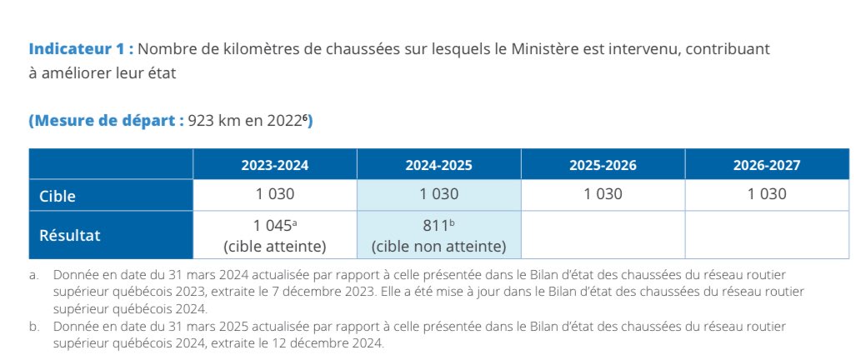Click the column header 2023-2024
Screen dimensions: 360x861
(x=274, y=165)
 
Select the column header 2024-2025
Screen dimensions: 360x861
(x=438, y=165)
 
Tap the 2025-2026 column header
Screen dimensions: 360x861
(x=603, y=165)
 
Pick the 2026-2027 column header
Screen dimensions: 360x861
(x=766, y=165)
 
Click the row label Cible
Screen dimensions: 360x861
(x=58, y=196)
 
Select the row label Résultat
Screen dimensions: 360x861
(x=69, y=235)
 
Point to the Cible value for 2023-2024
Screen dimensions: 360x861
(x=274, y=195)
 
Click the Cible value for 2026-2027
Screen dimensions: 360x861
(x=766, y=195)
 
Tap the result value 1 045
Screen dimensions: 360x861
(x=273, y=226)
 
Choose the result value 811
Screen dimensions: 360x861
(x=436, y=226)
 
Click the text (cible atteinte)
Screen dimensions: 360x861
(x=274, y=247)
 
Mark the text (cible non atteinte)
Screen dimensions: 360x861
(x=438, y=247)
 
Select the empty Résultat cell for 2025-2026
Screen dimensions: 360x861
(x=603, y=235)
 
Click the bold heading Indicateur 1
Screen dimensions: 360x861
(x=81, y=48)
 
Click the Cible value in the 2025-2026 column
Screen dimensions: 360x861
(x=603, y=195)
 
